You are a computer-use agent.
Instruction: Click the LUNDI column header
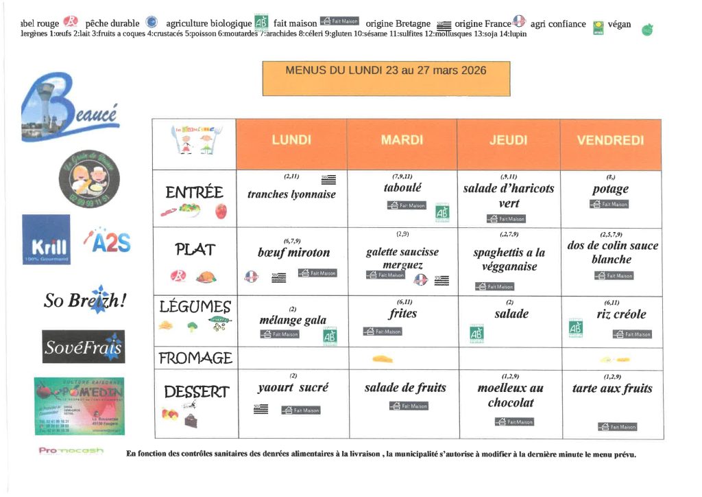tap(291, 140)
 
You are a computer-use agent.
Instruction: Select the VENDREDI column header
tap(610, 140)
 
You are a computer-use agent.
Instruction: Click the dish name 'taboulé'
tap(402, 187)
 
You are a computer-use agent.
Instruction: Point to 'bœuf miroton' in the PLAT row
tap(293, 253)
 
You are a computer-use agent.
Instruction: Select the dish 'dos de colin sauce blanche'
tap(612, 252)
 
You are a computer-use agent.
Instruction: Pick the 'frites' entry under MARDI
tap(402, 314)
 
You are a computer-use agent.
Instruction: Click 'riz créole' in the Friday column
tap(612, 314)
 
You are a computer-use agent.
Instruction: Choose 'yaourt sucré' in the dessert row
tap(293, 387)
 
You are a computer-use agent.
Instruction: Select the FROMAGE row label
tap(195, 358)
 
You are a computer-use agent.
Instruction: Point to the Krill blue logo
tap(46, 240)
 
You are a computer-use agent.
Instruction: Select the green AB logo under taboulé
tap(441, 213)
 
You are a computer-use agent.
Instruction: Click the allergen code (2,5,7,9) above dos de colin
tap(611, 234)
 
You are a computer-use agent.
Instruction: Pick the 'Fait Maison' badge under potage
tap(609, 204)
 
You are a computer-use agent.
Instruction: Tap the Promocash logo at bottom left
tap(71, 451)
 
